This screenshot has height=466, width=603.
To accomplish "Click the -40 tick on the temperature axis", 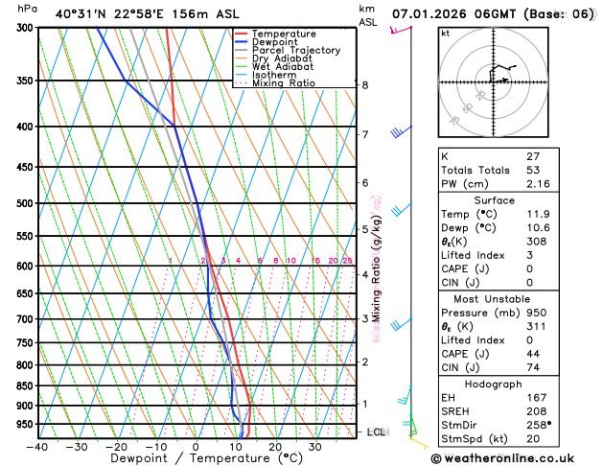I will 37,447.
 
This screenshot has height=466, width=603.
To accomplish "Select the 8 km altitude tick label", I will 365,85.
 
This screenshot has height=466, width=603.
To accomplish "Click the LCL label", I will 377,432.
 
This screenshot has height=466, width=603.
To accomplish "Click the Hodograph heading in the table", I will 516,384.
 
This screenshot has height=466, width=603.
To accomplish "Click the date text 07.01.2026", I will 430,13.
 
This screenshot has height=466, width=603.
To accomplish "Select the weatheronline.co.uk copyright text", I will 516,458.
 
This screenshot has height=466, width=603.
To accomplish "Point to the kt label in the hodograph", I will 445,34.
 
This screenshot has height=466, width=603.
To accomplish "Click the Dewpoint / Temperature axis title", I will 196,458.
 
